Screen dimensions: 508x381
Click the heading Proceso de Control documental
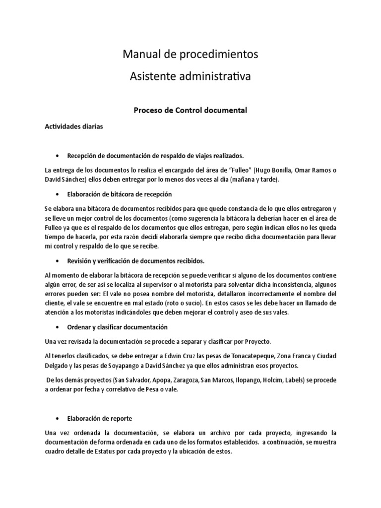click(x=190, y=110)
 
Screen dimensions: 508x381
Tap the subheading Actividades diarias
click(x=73, y=127)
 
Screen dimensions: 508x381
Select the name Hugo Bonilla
click(x=274, y=170)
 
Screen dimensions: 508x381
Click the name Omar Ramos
click(x=314, y=170)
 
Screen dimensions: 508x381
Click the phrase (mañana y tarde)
click(x=255, y=180)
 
